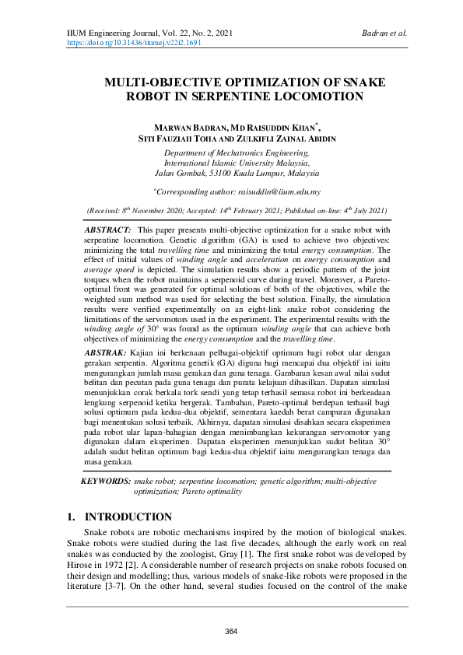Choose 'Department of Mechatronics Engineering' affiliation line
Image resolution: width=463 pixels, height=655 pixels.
pyautogui.click(x=231, y=154)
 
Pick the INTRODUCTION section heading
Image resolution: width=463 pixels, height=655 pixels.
pyautogui.click(x=128, y=517)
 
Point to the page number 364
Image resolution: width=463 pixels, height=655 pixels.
pyautogui.click(x=231, y=631)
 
